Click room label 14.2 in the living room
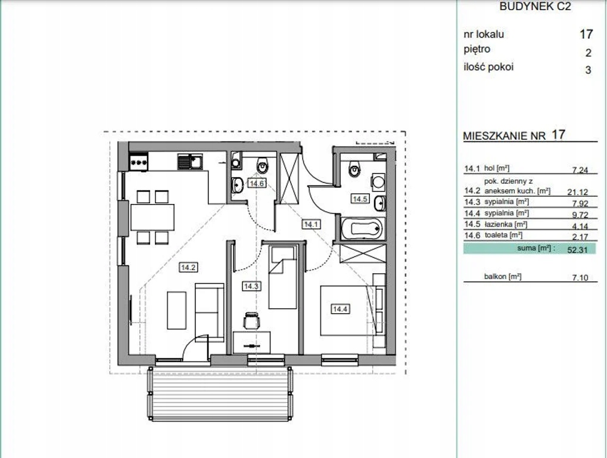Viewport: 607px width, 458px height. (x=188, y=267)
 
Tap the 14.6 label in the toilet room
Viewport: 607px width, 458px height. (x=257, y=183)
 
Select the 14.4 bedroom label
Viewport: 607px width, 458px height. (x=340, y=309)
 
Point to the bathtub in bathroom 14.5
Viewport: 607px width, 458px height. (x=363, y=229)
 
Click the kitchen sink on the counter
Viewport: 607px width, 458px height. (x=190, y=162)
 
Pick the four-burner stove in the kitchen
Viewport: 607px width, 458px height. (x=139, y=162)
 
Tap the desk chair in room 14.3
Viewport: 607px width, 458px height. (x=251, y=320)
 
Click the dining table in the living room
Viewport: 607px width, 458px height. (x=152, y=218)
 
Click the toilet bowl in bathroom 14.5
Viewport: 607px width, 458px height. (x=354, y=169)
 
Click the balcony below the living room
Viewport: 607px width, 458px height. (x=220, y=394)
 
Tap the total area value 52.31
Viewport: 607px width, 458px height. (x=577, y=250)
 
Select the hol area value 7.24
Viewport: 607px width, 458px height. (x=580, y=170)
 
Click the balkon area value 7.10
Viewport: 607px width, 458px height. (x=580, y=277)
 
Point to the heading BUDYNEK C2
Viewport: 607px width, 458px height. (x=535, y=7)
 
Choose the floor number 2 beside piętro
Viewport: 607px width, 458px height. (x=589, y=52)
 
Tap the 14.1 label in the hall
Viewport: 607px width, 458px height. (x=312, y=224)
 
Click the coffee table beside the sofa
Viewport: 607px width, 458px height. (x=176, y=310)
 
